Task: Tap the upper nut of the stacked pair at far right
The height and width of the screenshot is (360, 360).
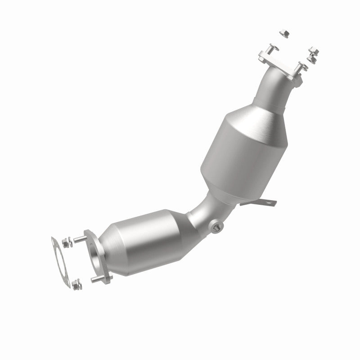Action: click(311, 51)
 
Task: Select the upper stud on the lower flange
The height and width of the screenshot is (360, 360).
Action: click(81, 238)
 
